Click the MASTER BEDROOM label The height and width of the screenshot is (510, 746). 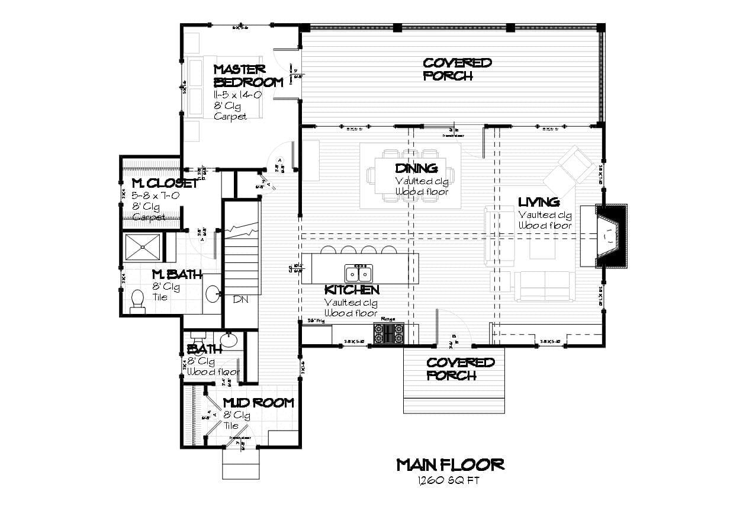(x=248, y=76)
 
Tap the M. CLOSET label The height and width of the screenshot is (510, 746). (x=164, y=183)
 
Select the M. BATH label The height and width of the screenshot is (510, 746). (x=177, y=275)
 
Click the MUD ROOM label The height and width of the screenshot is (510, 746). (x=258, y=403)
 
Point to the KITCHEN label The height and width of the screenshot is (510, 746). (x=352, y=290)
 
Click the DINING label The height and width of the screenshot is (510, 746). (x=416, y=169)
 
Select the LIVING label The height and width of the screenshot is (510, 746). (x=539, y=203)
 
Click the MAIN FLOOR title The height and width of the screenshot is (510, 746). (x=450, y=464)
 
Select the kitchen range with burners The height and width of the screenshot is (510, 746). (x=389, y=333)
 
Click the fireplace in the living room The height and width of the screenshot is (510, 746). (x=609, y=236)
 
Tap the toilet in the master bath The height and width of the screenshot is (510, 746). (x=137, y=300)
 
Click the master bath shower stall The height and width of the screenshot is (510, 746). (x=142, y=248)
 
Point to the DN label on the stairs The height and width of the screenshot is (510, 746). (x=240, y=300)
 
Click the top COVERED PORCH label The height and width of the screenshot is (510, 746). (x=456, y=69)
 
